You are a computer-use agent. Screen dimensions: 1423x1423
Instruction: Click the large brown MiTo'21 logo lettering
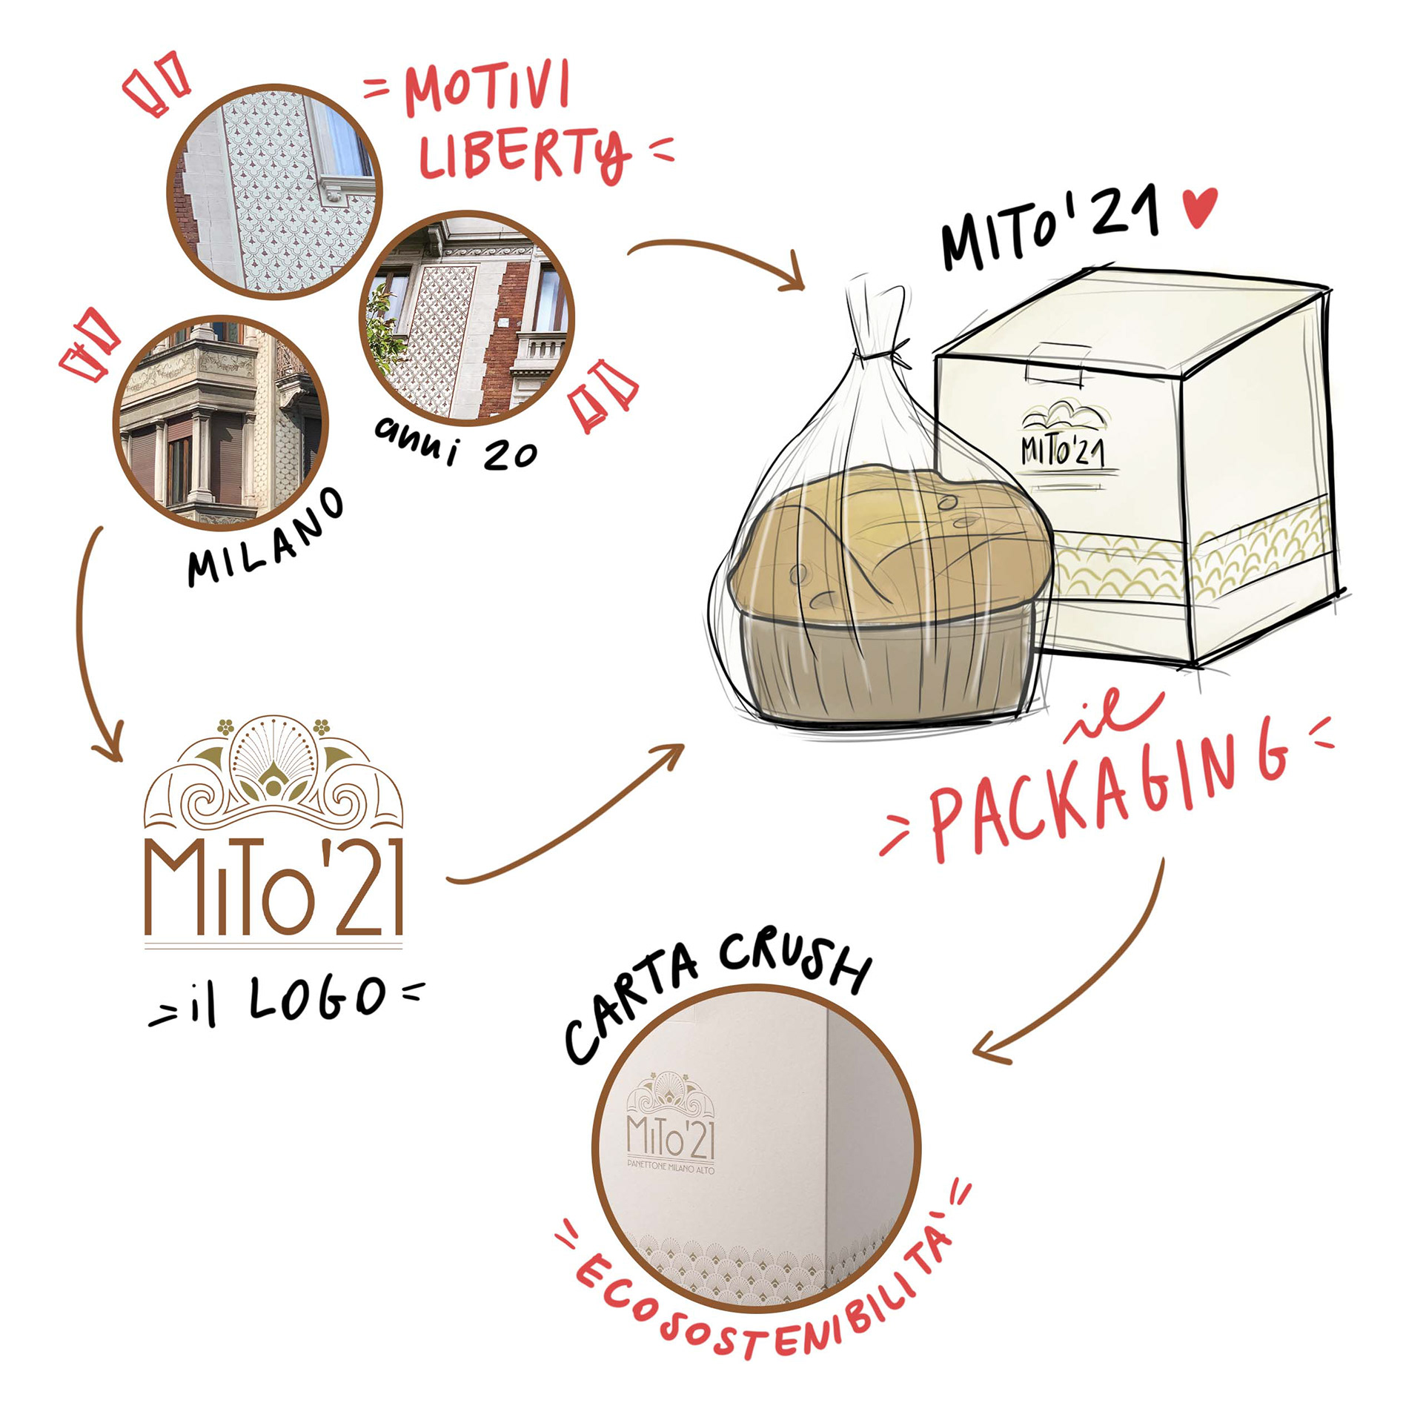point(273,887)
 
